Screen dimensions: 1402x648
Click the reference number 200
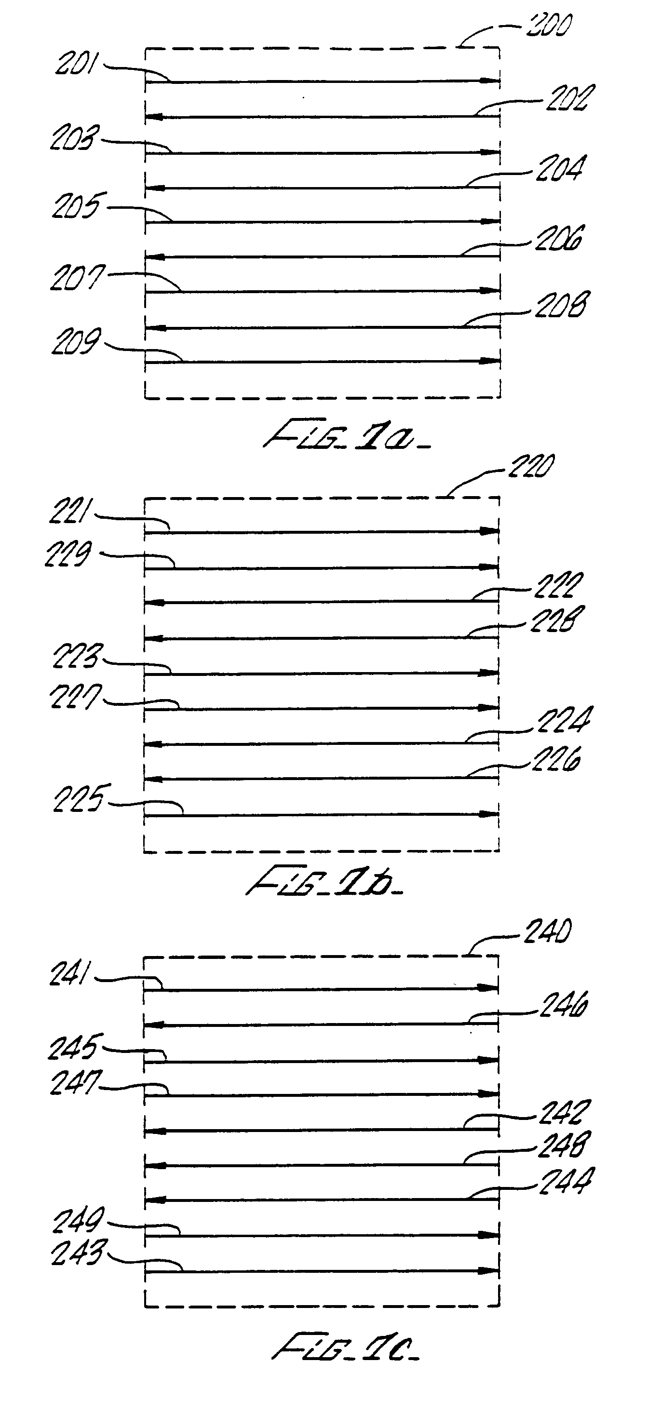[548, 26]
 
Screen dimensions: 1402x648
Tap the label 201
[76, 65]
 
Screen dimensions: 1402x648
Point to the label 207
[77, 278]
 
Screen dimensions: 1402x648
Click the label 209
[76, 342]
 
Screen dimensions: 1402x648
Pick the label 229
[67, 554]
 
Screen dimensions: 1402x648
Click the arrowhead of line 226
[154, 780]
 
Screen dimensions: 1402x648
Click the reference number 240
[547, 932]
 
